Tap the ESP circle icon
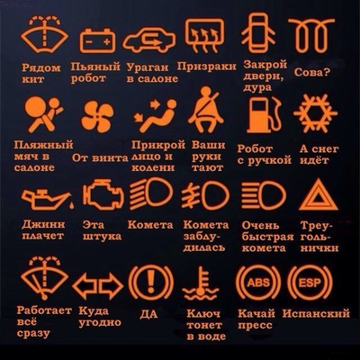coord(310,282)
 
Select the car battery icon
coord(97,40)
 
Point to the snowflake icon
coord(315,115)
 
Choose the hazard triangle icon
coord(316,195)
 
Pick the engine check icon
coord(101,193)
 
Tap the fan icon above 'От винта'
coord(97,116)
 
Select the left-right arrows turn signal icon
coord(97,286)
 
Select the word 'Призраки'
coord(207,67)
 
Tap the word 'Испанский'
coord(316,314)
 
